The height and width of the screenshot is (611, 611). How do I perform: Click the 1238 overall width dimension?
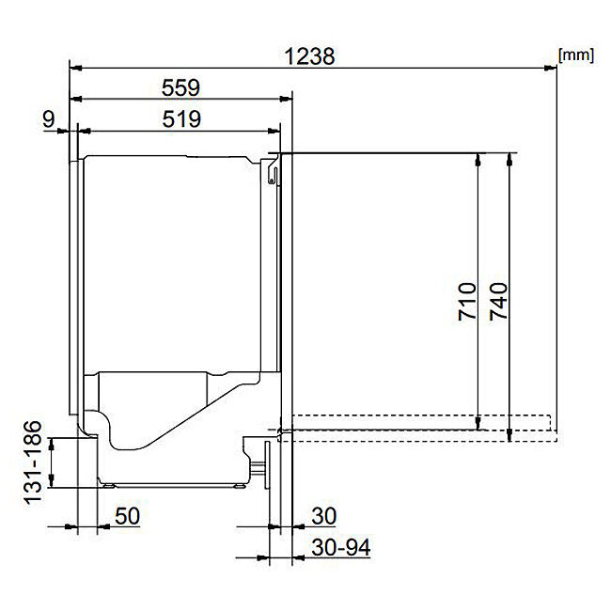pos(309,56)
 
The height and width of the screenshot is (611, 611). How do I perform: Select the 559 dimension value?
pos(180,87)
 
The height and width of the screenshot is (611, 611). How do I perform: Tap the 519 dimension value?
pos(181,118)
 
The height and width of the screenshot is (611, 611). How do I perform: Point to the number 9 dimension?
pos(48,118)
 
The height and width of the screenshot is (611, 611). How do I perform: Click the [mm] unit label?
pos(576,55)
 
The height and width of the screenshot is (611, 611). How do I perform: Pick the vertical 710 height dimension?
pos(467,301)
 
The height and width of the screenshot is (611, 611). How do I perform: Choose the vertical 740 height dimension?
pos(498,301)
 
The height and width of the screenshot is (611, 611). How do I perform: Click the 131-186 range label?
pos(33,462)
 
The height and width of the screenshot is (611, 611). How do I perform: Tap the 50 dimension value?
pos(127,516)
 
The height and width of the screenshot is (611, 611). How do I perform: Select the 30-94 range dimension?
pos(341,547)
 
